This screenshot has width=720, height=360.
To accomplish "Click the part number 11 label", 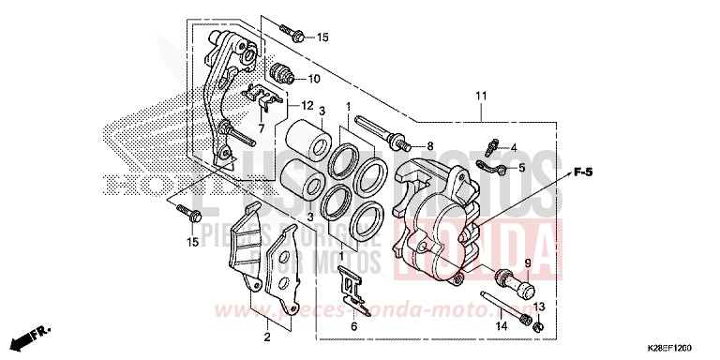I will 481,97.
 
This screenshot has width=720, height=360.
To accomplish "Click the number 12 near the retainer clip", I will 306,106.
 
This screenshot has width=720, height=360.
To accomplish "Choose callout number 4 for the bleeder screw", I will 513,147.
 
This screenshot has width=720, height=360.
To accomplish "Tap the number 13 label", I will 538,307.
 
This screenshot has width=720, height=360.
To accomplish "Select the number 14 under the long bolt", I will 501,325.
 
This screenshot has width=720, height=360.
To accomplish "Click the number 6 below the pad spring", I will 353,325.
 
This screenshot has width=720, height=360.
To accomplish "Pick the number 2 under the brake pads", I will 266,335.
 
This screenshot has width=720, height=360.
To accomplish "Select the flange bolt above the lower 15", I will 189,214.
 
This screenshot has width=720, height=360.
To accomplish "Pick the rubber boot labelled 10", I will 282,71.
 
